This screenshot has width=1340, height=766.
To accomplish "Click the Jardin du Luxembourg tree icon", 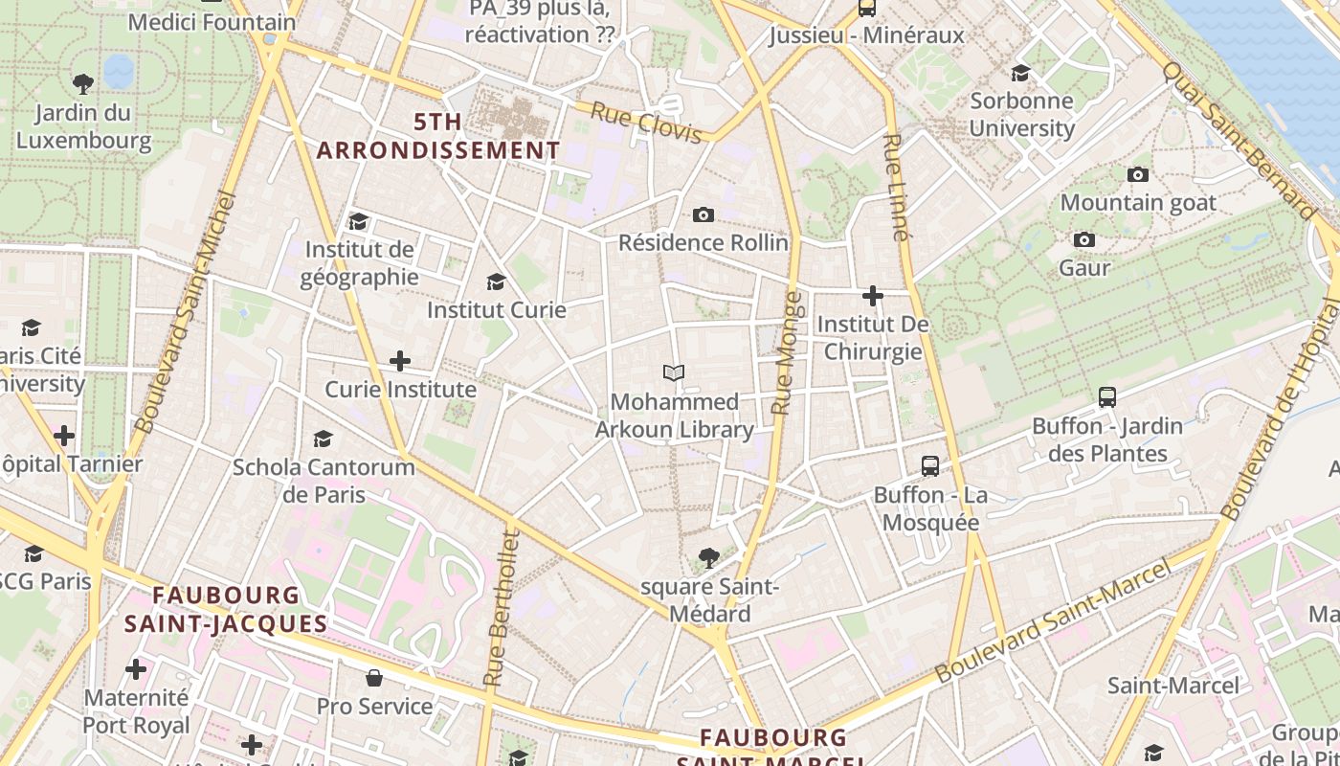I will (83, 84).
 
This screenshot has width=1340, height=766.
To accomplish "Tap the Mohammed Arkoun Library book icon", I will (674, 372).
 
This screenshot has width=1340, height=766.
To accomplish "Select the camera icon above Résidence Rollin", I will (703, 214).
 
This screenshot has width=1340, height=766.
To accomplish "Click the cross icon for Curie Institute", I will (400, 361).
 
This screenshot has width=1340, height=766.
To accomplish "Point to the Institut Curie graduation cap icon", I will (496, 282).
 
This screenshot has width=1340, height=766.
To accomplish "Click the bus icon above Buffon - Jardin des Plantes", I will (1107, 396).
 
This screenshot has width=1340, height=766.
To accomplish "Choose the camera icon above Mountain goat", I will (1138, 174).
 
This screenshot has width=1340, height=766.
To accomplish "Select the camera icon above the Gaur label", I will (1084, 239).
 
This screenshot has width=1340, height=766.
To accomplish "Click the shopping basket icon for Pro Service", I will (374, 678).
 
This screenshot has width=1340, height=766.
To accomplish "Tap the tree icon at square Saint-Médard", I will (709, 557).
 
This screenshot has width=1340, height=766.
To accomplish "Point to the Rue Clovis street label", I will (646, 123).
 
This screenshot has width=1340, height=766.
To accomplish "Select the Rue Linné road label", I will (896, 187).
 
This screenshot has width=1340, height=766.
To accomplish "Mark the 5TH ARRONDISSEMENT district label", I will (438, 136).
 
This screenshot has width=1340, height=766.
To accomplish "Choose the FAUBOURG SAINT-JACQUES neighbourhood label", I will (226, 610).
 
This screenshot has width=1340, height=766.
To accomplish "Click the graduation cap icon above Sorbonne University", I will (1021, 73).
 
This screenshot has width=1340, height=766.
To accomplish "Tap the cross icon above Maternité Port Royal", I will (136, 668).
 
